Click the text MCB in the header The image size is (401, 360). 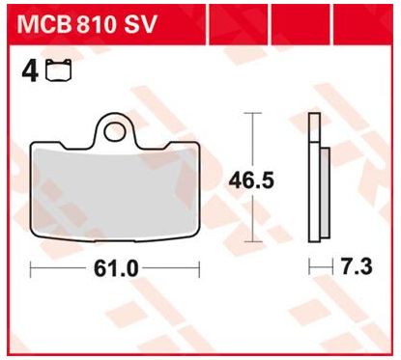click(44, 25)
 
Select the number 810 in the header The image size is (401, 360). click(96, 25)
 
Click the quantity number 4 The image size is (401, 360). click(30, 71)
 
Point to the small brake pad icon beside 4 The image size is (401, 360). click(59, 69)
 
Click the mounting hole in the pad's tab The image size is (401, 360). click(115, 133)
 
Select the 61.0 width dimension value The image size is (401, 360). click(116, 269)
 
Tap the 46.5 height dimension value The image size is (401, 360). click(251, 180)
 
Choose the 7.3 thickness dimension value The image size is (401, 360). click(357, 266)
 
